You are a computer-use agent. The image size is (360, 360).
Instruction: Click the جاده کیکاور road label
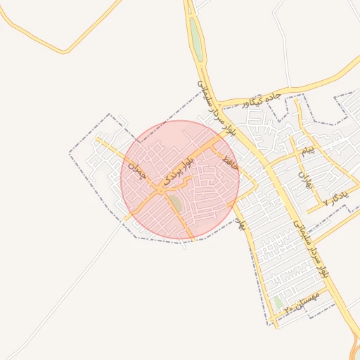262,101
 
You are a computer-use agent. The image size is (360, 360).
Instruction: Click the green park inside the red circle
174,205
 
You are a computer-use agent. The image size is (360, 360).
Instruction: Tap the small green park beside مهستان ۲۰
278,302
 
